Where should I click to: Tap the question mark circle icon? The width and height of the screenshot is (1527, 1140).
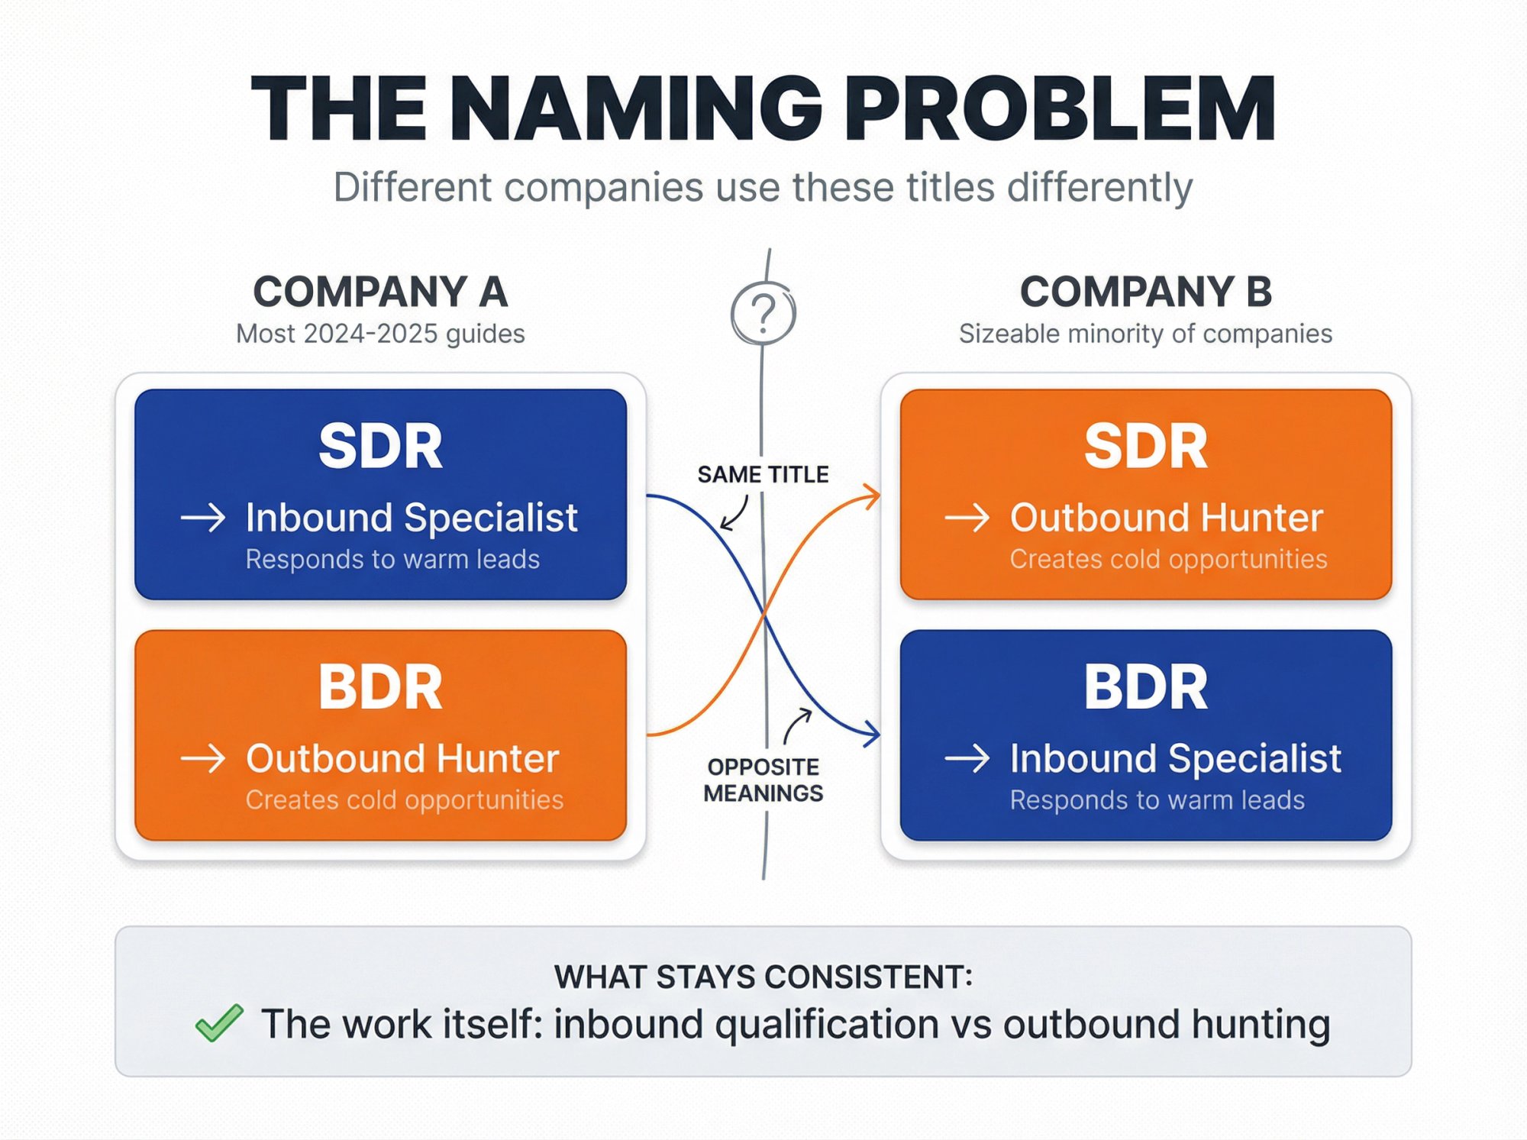pyautogui.click(x=763, y=313)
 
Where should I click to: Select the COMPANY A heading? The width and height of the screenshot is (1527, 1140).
pyautogui.click(x=380, y=292)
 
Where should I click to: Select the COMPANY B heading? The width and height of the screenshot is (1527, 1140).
pyautogui.click(x=1145, y=292)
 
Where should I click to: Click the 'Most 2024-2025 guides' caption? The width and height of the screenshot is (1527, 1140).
pyautogui.click(x=380, y=334)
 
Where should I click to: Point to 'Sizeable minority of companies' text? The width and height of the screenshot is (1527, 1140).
pyautogui.click(x=1145, y=334)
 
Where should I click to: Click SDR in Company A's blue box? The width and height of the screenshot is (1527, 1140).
pyautogui.click(x=380, y=447)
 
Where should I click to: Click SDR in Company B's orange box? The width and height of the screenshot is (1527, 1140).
pyautogui.click(x=1145, y=447)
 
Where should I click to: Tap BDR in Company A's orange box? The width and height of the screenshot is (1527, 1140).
pyautogui.click(x=380, y=687)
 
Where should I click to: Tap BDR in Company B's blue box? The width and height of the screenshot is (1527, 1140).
pyautogui.click(x=1145, y=687)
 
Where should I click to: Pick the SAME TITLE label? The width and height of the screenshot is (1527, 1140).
pyautogui.click(x=763, y=474)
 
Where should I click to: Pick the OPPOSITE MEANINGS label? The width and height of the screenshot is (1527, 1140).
pyautogui.click(x=763, y=780)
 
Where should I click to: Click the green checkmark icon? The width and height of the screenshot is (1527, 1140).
pyautogui.click(x=219, y=1022)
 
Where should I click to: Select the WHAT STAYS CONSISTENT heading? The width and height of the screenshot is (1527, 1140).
pyautogui.click(x=763, y=977)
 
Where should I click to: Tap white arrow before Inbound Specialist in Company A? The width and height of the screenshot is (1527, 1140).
pyautogui.click(x=203, y=518)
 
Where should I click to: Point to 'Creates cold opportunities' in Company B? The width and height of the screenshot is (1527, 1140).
pyautogui.click(x=1168, y=559)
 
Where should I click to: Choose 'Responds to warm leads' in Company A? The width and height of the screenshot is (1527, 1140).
pyautogui.click(x=392, y=559)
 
